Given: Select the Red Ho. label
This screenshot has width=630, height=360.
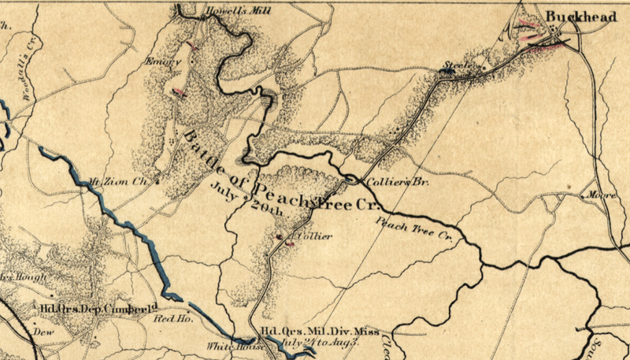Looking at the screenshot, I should pyautogui.click(x=167, y=318).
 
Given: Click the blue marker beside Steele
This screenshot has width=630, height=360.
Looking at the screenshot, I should pyautogui.click(x=447, y=72).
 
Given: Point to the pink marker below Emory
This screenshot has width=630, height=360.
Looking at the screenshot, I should pyautogui.click(x=180, y=93).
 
